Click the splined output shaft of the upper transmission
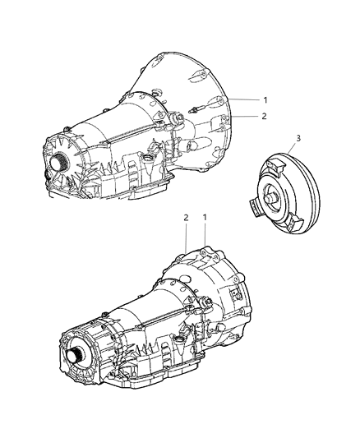click(65, 160)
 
